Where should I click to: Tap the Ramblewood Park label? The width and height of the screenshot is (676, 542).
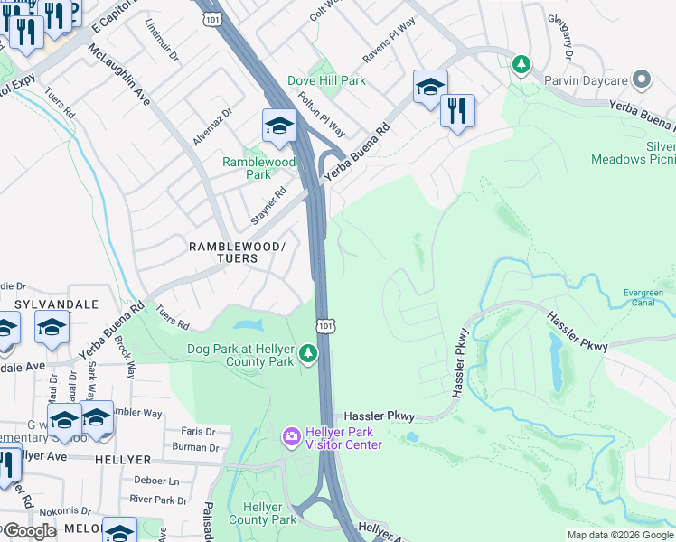click(259, 168)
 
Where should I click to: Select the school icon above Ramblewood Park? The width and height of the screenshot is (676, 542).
click(280, 126)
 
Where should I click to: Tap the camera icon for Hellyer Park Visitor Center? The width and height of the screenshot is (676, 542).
click(291, 437)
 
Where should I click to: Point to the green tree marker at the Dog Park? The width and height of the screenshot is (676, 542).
click(309, 353)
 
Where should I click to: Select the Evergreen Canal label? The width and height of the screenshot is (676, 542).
click(643, 298)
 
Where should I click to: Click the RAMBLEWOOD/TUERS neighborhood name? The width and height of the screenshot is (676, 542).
click(236, 252)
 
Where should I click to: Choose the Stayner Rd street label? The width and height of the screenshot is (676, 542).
click(268, 205)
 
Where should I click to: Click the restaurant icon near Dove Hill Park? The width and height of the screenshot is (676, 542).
click(458, 111)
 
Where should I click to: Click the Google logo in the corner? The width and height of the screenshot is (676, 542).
click(30, 531)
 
